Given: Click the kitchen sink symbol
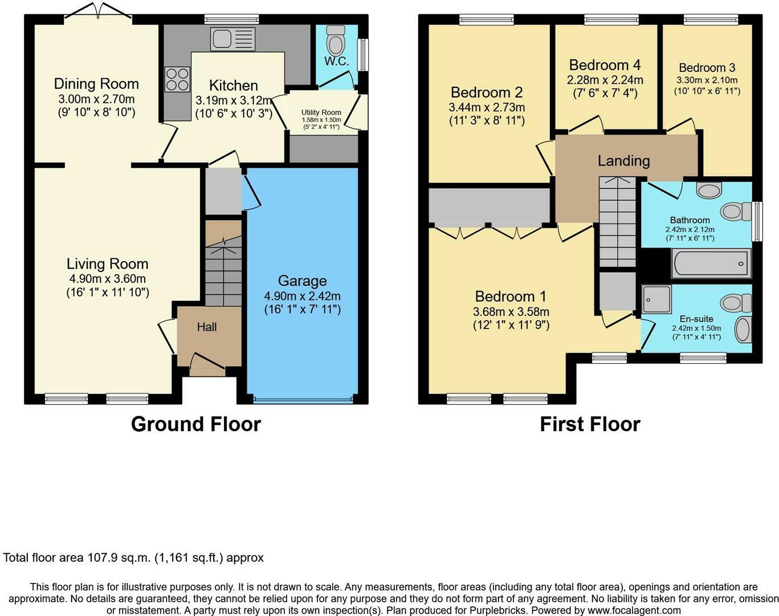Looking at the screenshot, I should [233, 39].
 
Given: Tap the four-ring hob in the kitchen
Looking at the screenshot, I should [177, 79].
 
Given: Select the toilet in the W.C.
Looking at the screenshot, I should [336, 39].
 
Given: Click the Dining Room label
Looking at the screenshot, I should [96, 84].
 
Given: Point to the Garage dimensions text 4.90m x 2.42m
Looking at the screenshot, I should [302, 296].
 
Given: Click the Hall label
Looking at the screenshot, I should [207, 327].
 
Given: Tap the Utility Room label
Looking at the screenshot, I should [321, 112].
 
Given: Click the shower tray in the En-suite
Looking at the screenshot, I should [657, 299].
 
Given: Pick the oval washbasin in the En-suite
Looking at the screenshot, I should [743, 330].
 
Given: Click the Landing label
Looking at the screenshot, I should [623, 161].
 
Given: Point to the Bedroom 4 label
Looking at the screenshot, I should [605, 65].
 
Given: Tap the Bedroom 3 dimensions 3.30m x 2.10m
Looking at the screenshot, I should [707, 80].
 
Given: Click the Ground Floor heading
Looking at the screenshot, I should [195, 424].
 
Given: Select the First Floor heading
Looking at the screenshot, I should [590, 424].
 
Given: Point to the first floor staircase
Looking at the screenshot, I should [617, 222].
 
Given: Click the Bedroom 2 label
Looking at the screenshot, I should [487, 92].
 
